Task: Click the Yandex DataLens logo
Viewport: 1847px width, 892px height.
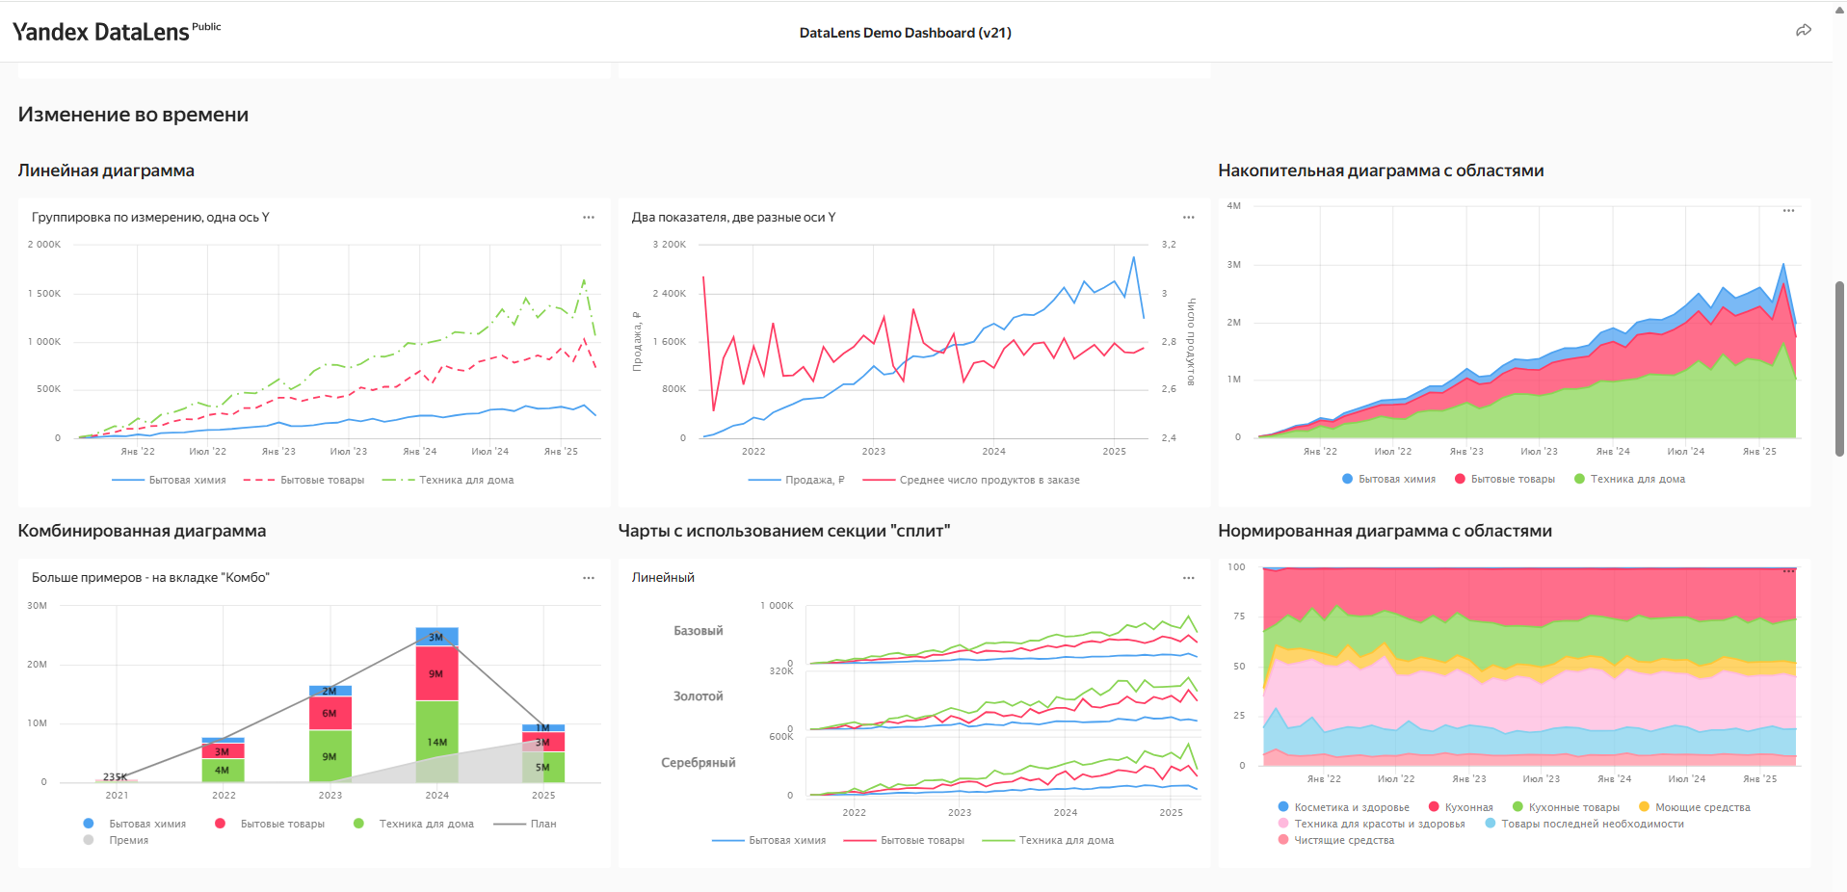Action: (x=100, y=32)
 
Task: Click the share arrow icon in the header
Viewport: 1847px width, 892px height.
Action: (x=1803, y=31)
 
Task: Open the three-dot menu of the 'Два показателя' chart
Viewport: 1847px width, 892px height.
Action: (x=1188, y=218)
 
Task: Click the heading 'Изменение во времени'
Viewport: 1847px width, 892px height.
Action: (x=133, y=115)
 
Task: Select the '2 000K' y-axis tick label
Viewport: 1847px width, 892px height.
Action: (x=44, y=245)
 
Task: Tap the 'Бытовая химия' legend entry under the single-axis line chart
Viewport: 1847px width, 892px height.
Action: (x=187, y=480)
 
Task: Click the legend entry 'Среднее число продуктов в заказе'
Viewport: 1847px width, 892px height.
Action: (x=989, y=480)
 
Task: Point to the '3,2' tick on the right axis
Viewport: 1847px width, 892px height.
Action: (x=1168, y=245)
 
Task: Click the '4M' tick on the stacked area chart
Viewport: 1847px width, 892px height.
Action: (x=1233, y=206)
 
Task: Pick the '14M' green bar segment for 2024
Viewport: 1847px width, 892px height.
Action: (x=436, y=742)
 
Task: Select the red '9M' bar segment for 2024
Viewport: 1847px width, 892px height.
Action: (x=436, y=673)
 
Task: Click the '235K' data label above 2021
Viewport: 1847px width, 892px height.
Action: (x=115, y=776)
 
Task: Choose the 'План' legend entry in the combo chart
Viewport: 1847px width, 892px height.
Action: (x=542, y=824)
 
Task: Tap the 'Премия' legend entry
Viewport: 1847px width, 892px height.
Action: (x=128, y=840)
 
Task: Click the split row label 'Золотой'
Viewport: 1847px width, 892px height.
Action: (x=698, y=696)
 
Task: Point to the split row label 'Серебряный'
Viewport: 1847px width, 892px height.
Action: (x=698, y=763)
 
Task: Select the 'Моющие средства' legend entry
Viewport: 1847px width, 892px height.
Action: (x=1702, y=807)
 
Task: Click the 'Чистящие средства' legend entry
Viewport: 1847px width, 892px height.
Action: (x=1343, y=840)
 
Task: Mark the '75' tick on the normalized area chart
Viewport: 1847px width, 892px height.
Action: (x=1238, y=617)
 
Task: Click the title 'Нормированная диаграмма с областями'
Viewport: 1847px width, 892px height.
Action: (x=1385, y=531)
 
